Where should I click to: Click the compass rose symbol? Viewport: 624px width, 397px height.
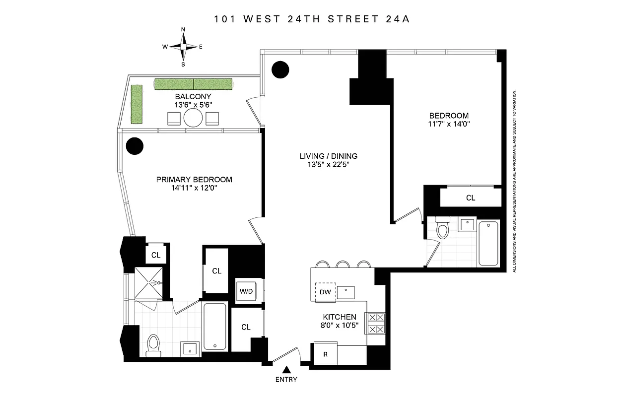tap(183, 47)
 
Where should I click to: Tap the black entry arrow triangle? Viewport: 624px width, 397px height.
tap(286, 369)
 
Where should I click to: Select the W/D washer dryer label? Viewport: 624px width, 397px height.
tap(246, 291)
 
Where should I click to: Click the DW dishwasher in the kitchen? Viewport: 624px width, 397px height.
tap(325, 292)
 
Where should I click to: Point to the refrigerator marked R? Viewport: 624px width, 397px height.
tap(325, 355)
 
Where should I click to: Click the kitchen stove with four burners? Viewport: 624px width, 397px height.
tap(375, 323)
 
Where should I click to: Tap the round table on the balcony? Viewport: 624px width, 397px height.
tap(193, 118)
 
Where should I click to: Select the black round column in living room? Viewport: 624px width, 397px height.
tap(280, 69)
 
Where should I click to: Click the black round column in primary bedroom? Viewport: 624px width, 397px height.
tap(134, 146)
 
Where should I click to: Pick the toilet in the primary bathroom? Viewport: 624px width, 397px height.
tap(154, 344)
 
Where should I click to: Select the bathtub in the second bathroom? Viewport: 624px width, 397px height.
tap(488, 243)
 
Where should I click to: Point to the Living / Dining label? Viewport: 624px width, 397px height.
tap(328, 156)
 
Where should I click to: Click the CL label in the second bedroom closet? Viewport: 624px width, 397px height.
tap(470, 198)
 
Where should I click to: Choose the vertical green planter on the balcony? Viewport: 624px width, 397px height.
tap(137, 104)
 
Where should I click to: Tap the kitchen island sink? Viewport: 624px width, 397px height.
tap(346, 291)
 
